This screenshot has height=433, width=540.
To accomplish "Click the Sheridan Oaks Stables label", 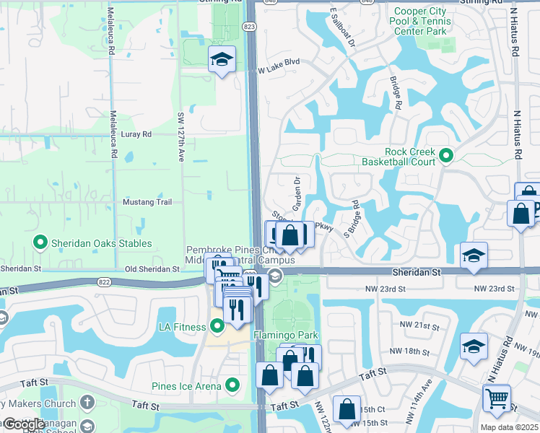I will pyautogui.click(x=101, y=242).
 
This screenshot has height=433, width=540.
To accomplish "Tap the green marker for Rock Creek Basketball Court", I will pyautogui.click(x=446, y=154).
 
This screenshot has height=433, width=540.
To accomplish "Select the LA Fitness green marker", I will pyautogui.click(x=218, y=327).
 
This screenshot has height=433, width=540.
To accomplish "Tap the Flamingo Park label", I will pyautogui.click(x=285, y=336).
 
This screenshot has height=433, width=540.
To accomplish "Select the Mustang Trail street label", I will pyautogui.click(x=147, y=202).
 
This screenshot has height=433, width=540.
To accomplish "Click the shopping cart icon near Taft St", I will pyautogui.click(x=497, y=398).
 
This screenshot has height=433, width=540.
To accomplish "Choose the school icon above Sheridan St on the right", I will pyautogui.click(x=474, y=255).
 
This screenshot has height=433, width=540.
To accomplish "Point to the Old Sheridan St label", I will pyautogui.click(x=152, y=269).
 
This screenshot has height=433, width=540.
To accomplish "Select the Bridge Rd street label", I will pyautogui.click(x=396, y=94).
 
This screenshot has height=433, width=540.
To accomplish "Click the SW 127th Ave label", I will pyautogui.click(x=181, y=136).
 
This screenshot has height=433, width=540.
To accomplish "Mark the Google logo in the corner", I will pyautogui.click(x=23, y=424).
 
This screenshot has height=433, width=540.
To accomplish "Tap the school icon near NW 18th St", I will pyautogui.click(x=474, y=345).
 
